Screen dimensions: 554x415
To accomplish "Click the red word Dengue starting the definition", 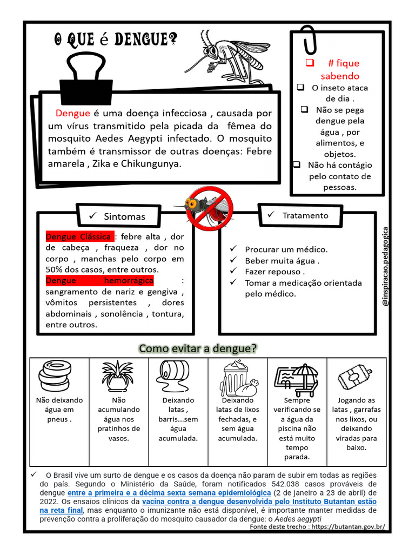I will pyautogui.click(x=72, y=113).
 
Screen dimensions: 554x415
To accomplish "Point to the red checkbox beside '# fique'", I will pyautogui.click(x=310, y=63).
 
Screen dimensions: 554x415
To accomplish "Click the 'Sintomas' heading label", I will pyautogui.click(x=124, y=216).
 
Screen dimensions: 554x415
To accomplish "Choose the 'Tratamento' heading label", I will pyautogui.click(x=305, y=215).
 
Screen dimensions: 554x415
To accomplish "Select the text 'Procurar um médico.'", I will pyautogui.click(x=286, y=249).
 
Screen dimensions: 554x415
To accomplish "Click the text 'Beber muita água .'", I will pyautogui.click(x=282, y=261).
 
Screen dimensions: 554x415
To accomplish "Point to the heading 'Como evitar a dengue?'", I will pyautogui.click(x=198, y=348).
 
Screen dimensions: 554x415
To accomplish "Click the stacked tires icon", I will pyautogui.click(x=54, y=373).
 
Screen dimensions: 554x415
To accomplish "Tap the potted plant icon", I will pyautogui.click(x=118, y=375).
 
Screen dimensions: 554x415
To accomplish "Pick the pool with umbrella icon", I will pyautogui.click(x=297, y=378).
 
